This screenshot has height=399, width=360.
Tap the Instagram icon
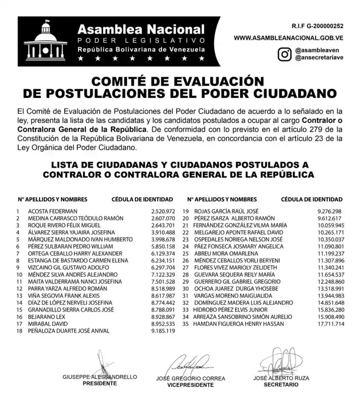click(283, 54)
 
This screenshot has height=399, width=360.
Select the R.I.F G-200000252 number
click(317, 25)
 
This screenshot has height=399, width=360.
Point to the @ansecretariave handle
click(319, 58)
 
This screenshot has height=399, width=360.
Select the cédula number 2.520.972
click(164, 211)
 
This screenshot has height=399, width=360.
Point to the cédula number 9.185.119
click(164, 331)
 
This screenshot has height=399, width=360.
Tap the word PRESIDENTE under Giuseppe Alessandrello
click(99, 384)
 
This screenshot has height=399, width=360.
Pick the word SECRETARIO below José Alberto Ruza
click(281, 384)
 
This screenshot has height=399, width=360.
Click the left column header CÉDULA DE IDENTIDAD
click(143, 199)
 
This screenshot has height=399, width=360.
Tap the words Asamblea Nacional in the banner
click(141, 29)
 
